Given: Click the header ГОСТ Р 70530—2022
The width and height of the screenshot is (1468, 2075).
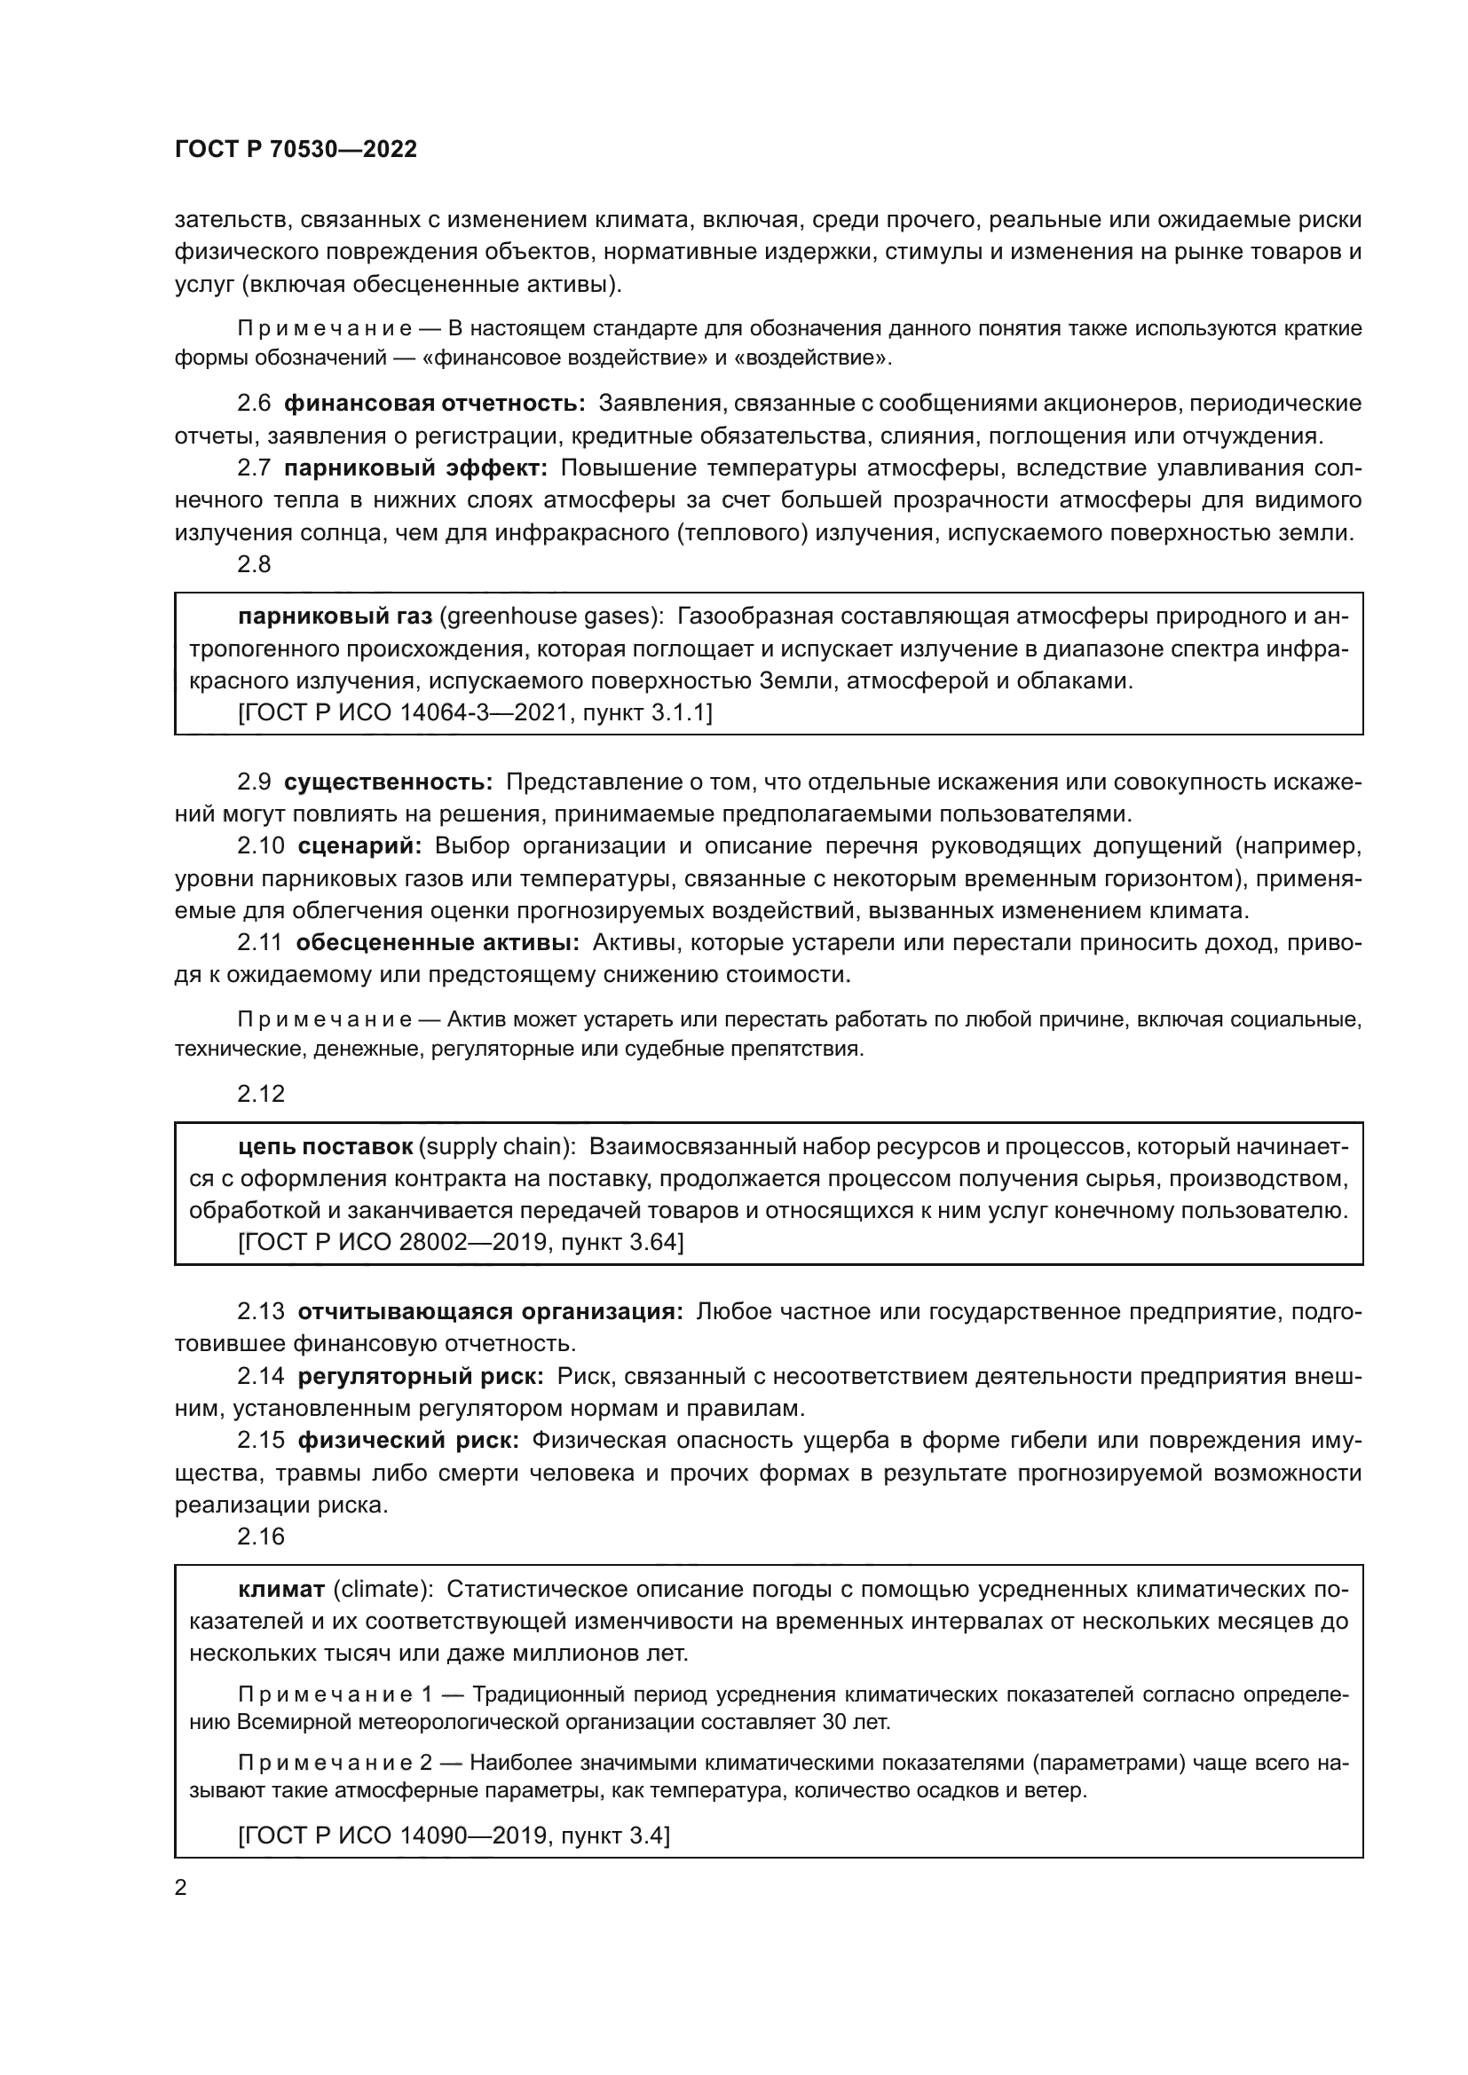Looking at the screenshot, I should pyautogui.click(x=296, y=150).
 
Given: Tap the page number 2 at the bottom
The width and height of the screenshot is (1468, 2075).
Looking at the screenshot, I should pyautogui.click(x=181, y=1887).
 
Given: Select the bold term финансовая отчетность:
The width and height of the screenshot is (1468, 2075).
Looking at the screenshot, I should pyautogui.click(x=435, y=404).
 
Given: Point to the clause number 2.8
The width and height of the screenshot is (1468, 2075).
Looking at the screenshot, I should pyautogui.click(x=254, y=565).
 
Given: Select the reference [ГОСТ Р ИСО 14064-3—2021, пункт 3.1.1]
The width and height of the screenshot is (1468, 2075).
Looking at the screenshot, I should pyautogui.click(x=475, y=713).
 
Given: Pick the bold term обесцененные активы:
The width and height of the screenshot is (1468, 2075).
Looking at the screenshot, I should pyautogui.click(x=438, y=943).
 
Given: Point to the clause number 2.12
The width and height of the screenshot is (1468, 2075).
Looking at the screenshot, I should pyautogui.click(x=260, y=1095).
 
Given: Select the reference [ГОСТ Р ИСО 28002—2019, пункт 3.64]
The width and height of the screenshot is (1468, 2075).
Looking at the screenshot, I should pyautogui.click(x=460, y=1243).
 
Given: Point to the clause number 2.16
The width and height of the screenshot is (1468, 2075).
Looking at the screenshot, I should pyautogui.click(x=260, y=1537).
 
